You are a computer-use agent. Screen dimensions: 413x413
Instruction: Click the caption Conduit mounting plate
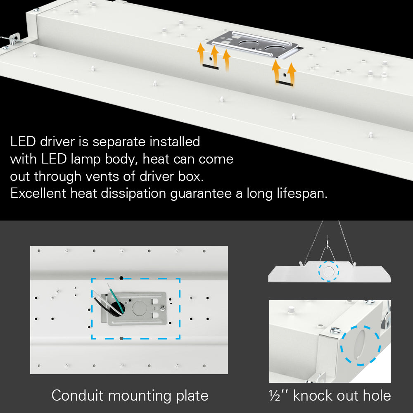pyautogui.click(x=130, y=395)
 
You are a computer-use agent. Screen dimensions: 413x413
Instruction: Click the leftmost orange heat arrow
pyautogui.click(x=201, y=53)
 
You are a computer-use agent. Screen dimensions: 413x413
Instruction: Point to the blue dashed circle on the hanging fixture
pyautogui.click(x=329, y=271)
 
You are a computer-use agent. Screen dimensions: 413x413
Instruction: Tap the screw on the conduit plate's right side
pyautogui.click(x=164, y=308)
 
